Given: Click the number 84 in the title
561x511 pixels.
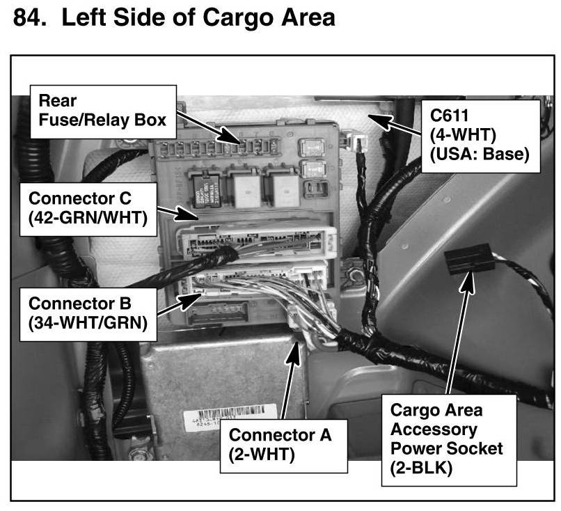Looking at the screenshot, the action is click(30, 17).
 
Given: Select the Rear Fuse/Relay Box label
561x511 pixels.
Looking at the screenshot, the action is click(103, 111).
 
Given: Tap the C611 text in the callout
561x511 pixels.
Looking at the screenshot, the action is click(449, 116).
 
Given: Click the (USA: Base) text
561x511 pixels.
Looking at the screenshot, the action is click(480, 155).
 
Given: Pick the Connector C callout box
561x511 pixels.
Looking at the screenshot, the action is click(88, 210).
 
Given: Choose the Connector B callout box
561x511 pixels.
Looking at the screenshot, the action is click(88, 315).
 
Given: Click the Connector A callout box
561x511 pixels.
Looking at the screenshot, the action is click(284, 446).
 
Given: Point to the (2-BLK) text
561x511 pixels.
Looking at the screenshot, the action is click(421, 468).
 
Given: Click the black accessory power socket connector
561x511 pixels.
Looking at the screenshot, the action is click(469, 258).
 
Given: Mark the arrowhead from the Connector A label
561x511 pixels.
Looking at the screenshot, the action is click(294, 353).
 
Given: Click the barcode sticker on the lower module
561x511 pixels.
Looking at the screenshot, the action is click(230, 416).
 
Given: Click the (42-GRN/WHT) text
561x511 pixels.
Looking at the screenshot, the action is click(88, 218).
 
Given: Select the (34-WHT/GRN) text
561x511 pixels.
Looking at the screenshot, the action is click(88, 323).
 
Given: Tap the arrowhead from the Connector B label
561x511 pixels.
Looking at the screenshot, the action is click(191, 301).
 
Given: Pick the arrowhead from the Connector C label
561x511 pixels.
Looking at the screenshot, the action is click(187, 214).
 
